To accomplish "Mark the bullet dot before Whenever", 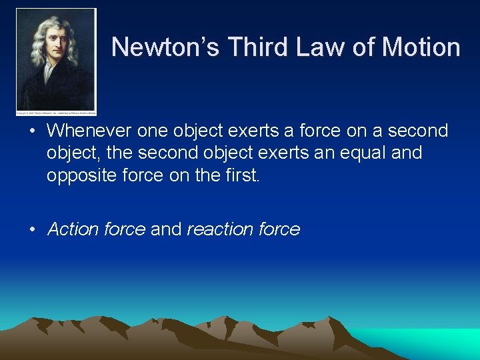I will [31, 131].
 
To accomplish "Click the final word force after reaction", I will [281, 229].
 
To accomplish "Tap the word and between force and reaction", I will [165, 229].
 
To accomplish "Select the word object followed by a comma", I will [72, 153].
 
